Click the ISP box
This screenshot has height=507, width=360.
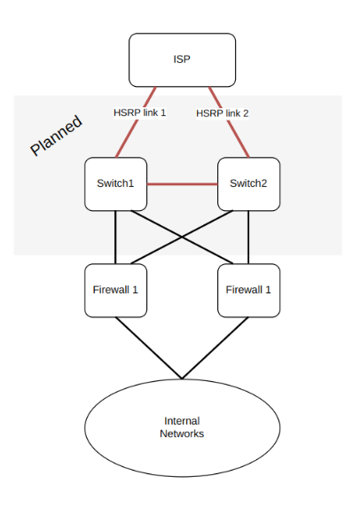point(182,59)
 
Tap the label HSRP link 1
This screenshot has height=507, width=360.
point(140,113)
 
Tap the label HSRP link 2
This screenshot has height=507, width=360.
point(223,113)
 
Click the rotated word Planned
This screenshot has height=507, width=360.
point(56,135)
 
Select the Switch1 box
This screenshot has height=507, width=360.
point(116,184)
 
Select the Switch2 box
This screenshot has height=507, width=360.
point(249,184)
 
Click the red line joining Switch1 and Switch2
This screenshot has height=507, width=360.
point(183,184)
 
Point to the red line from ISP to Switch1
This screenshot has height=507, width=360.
point(136,122)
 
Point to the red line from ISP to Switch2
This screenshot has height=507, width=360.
point(229,122)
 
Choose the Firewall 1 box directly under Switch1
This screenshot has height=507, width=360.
point(116,291)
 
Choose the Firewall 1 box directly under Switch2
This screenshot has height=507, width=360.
point(249,291)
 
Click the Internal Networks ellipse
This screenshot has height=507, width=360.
point(183,428)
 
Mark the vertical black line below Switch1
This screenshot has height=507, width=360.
point(115,238)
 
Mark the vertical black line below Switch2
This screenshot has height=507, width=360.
point(248,238)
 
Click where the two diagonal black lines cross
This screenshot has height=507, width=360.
point(182,237)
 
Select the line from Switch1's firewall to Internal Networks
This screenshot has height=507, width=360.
point(149,348)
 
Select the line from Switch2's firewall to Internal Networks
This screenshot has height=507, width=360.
point(215,348)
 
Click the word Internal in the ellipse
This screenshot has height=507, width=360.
point(182,421)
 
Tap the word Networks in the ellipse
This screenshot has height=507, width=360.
point(182,433)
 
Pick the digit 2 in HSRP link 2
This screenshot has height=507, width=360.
point(246,113)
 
